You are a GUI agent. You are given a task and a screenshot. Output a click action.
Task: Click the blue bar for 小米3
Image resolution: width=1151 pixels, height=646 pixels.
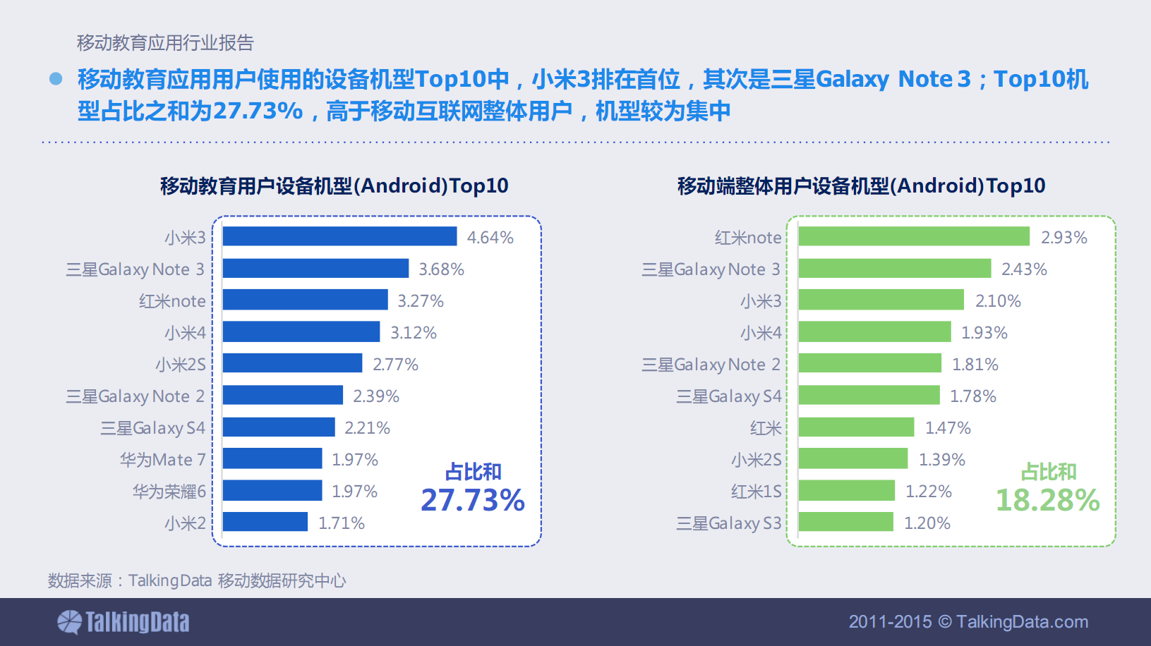(339, 236)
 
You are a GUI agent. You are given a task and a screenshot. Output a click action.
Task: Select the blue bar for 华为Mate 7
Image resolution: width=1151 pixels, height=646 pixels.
(272, 458)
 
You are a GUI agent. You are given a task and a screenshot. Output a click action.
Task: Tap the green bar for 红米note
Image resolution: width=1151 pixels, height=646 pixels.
(914, 236)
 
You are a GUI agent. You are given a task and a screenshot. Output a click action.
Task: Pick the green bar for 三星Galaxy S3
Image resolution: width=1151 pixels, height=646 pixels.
(846, 522)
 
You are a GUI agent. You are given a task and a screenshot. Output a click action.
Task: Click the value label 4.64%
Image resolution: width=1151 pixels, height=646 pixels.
(490, 238)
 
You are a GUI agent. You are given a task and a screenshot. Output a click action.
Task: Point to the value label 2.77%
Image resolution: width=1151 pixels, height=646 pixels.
(395, 365)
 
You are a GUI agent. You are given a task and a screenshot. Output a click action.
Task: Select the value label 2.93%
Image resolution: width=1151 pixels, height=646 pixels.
(1063, 238)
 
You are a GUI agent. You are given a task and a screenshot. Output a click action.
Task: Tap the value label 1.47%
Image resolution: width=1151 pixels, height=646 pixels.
(948, 428)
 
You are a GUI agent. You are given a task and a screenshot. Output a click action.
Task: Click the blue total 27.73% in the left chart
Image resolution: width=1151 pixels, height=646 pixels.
(472, 500)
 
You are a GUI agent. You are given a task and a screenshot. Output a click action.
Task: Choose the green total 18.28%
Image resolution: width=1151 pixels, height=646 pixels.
(1047, 500)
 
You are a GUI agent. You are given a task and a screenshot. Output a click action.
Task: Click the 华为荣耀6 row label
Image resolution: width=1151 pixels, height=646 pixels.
(169, 492)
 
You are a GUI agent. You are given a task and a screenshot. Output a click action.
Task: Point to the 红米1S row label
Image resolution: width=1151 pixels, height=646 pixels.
(756, 492)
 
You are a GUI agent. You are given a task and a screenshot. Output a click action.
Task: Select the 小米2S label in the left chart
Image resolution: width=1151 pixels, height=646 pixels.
(181, 365)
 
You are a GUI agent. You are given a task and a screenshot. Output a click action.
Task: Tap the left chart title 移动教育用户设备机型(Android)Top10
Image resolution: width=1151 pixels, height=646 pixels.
(334, 186)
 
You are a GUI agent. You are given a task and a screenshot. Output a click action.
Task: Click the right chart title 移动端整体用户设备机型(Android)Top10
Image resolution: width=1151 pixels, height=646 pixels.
(861, 186)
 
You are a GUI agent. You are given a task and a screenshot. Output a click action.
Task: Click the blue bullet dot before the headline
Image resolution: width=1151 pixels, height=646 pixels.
(56, 79)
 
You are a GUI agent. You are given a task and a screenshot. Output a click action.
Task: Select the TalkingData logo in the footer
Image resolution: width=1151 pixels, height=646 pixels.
(123, 622)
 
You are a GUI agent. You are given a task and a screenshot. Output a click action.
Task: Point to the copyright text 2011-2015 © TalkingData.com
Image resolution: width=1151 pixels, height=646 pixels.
(968, 622)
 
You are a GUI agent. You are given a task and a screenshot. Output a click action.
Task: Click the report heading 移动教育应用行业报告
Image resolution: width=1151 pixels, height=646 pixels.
(165, 43)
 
